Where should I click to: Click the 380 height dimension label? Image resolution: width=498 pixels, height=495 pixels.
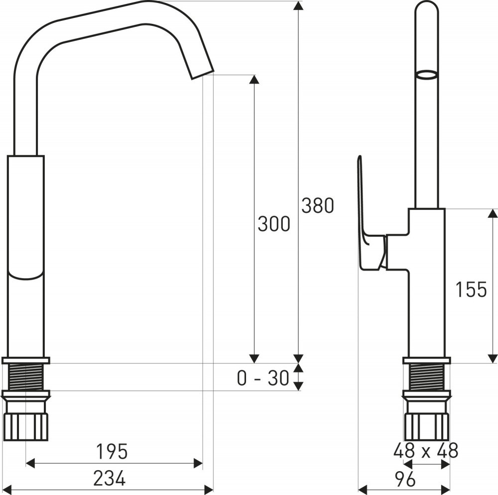[x=318, y=205]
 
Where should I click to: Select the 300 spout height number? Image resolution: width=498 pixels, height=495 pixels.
[x=274, y=224]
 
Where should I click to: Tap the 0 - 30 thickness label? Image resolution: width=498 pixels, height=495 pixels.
[x=263, y=378]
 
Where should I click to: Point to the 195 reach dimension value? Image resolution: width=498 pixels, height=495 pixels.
[x=112, y=452]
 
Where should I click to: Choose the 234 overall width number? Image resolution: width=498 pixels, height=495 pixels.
[x=110, y=478]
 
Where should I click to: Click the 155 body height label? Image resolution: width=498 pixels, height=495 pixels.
[x=471, y=290]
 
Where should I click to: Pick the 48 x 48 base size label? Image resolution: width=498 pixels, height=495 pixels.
[x=426, y=450]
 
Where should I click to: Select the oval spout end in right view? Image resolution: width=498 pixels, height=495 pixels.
[x=427, y=75]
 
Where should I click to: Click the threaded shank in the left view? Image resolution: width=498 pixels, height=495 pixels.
[x=26, y=377]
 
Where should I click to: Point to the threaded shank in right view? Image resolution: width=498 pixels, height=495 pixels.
[x=427, y=377]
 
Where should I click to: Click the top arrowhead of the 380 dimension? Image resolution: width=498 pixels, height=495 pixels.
[x=298, y=5]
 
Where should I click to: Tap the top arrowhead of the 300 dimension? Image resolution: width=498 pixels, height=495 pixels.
[x=253, y=79]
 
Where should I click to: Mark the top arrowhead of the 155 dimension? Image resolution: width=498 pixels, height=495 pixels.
[x=493, y=213]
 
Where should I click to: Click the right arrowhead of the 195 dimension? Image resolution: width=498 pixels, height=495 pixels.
[x=198, y=464]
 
